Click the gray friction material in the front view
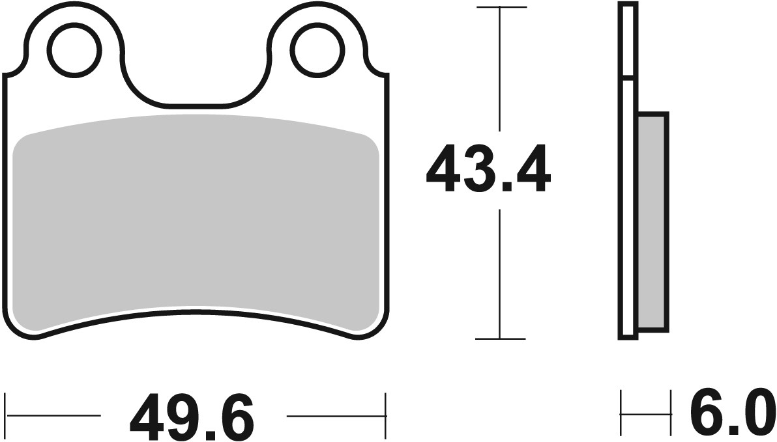click(196, 221)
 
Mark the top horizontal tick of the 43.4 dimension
click(500, 7)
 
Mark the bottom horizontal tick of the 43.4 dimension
click(500, 339)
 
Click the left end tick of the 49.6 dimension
click(6, 415)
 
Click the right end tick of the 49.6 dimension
click(387, 415)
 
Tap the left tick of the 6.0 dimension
click(621, 414)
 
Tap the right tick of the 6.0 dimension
click(670, 414)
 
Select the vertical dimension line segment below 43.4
click(500, 273)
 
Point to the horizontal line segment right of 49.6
click(336, 415)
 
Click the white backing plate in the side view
click(628, 195)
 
